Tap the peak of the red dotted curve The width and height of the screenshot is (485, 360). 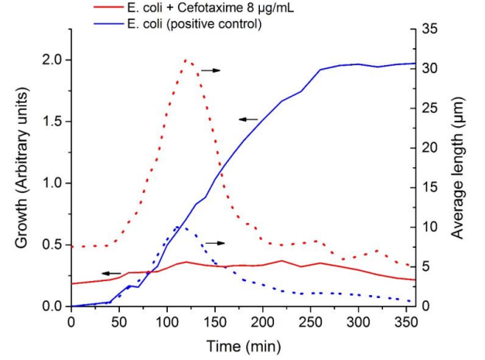[186, 60]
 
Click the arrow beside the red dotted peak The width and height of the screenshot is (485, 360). [210, 70]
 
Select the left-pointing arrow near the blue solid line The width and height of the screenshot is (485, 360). [248, 118]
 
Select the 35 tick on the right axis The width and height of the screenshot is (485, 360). [430, 29]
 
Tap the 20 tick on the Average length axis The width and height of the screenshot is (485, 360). [430, 148]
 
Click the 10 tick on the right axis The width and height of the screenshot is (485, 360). [430, 227]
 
